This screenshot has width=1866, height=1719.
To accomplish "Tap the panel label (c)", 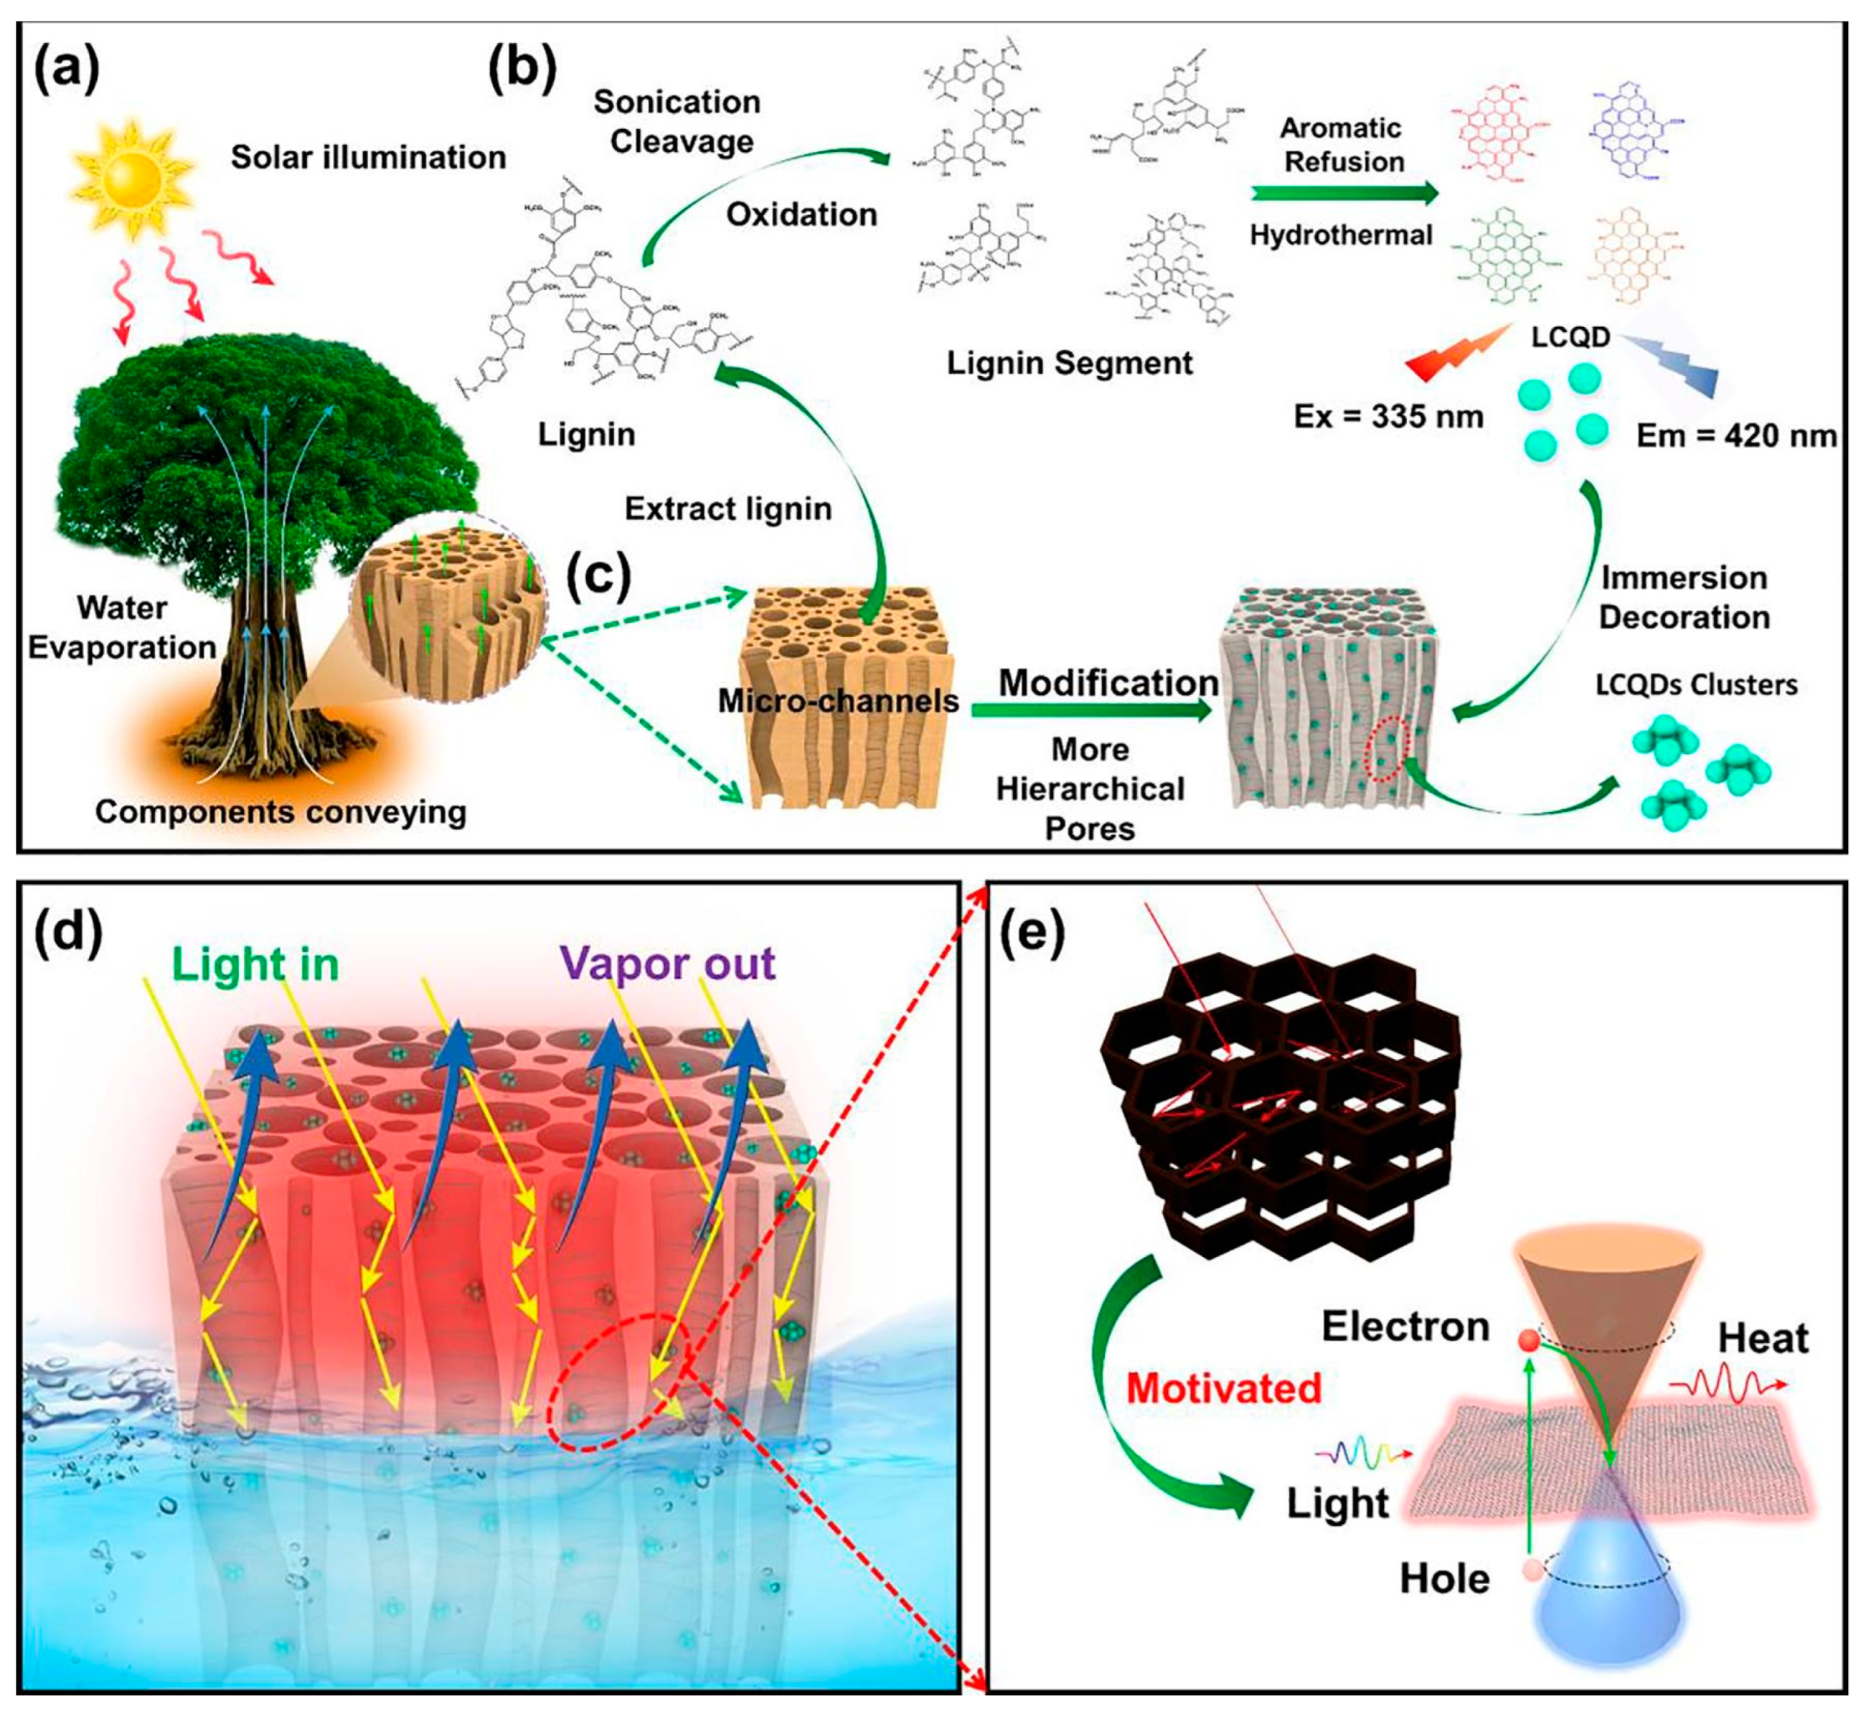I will (599, 576).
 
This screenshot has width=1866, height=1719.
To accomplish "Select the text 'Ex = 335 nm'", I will (1388, 417).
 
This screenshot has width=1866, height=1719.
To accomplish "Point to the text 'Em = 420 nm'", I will (1735, 435).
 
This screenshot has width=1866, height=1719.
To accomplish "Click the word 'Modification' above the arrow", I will (1108, 683).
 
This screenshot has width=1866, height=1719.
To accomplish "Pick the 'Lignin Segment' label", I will (1069, 363).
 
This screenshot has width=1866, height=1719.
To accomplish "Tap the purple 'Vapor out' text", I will (667, 963).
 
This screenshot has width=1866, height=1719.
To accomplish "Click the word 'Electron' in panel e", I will (1405, 1327).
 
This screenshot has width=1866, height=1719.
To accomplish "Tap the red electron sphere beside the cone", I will (1527, 1340).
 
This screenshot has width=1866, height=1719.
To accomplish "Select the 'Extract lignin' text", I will (727, 509).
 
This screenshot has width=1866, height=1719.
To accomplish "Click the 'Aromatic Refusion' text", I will (1342, 144).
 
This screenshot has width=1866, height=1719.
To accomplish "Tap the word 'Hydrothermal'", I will (1340, 235).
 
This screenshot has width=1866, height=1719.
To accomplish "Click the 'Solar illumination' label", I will (368, 157).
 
